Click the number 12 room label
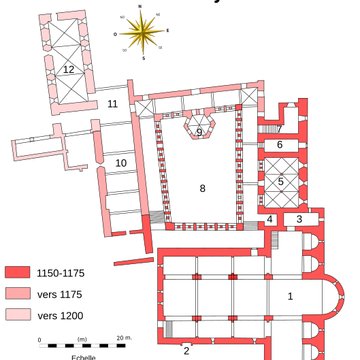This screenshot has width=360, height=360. click(x=68, y=69)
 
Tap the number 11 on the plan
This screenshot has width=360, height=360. click(x=112, y=103)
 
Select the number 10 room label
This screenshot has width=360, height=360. click(x=120, y=162)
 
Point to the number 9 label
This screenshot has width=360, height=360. click(x=199, y=132)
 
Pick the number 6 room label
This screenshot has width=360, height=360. click(x=280, y=145)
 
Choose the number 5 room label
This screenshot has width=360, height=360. click(x=280, y=181)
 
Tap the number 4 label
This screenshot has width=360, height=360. click(x=270, y=219)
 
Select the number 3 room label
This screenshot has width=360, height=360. click(x=298, y=219)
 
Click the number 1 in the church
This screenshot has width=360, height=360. click(x=290, y=295)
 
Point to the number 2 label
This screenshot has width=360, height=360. click(x=186, y=350)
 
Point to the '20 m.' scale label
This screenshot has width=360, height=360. click(x=123, y=339)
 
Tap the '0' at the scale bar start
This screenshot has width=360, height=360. click(x=40, y=339)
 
